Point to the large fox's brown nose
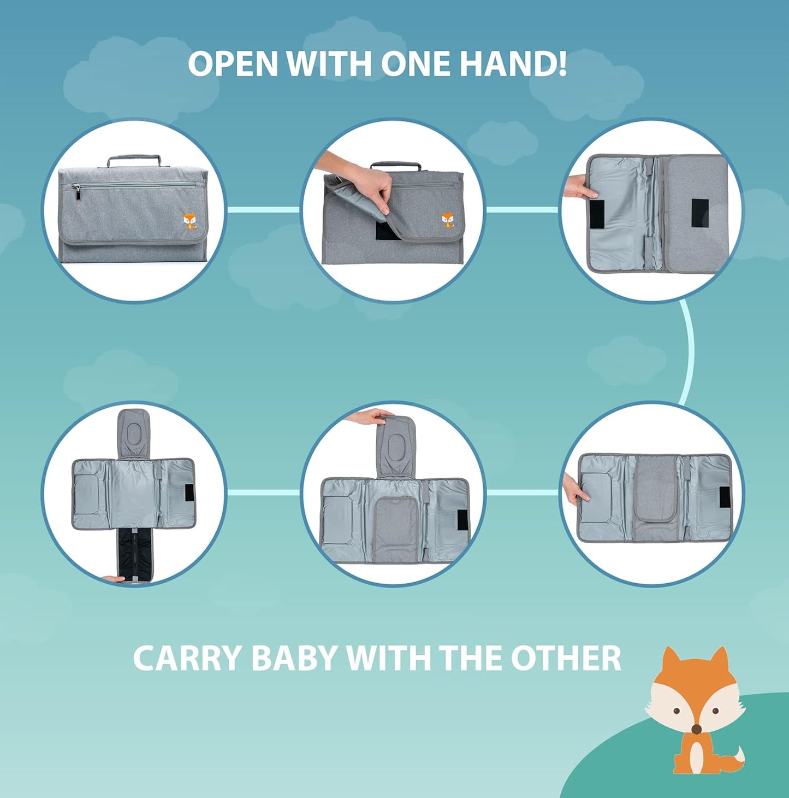pos(696,729)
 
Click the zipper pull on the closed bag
pos(77,191)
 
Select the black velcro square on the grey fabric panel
pos(699,213)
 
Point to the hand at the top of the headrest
pos(370,417)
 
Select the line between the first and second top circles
pos(263,210)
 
